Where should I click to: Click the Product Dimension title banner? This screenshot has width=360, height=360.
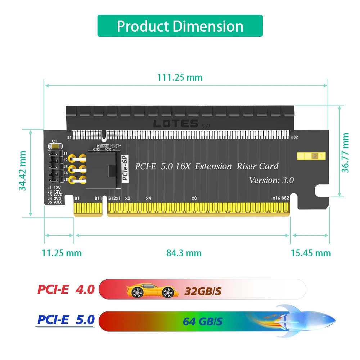click(180, 26)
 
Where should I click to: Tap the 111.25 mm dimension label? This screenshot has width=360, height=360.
click(180, 77)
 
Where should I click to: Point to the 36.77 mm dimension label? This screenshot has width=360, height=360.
click(346, 153)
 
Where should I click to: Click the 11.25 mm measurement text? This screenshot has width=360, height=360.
click(62, 253)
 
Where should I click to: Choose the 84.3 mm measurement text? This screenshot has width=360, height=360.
click(184, 253)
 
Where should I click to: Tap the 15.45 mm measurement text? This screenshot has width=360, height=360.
click(310, 253)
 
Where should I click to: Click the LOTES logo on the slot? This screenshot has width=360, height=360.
click(176, 123)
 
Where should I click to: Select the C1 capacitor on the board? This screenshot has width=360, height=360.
click(55, 146)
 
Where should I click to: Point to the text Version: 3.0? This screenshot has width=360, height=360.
click(271, 180)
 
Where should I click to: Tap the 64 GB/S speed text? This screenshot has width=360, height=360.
click(203, 320)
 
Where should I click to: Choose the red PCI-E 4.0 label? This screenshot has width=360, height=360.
click(66, 289)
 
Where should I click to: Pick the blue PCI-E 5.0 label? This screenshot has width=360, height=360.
click(66, 320)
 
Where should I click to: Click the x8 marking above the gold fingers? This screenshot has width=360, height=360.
click(194, 198)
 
